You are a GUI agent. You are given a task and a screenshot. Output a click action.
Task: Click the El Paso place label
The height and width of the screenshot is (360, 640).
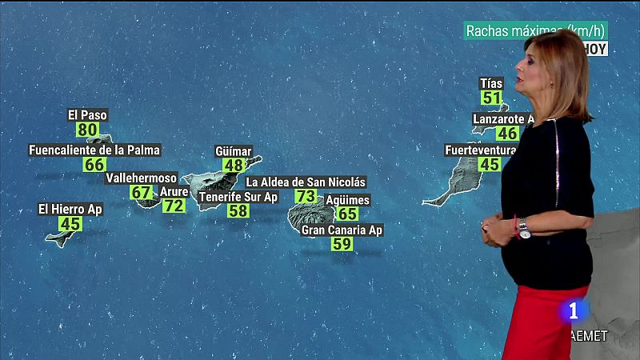87,115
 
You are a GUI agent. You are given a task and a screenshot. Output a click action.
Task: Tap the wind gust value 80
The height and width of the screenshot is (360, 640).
88,130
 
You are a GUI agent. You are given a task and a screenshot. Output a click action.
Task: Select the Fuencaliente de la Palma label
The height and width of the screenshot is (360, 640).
94,150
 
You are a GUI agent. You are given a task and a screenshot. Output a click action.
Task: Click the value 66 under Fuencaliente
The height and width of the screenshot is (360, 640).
94,165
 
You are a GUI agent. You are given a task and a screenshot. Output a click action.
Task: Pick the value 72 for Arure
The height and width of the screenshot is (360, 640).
174,206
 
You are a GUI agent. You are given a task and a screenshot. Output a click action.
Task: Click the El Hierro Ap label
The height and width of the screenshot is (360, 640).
70,210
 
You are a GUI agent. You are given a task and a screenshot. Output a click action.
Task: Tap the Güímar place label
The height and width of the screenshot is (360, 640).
234,151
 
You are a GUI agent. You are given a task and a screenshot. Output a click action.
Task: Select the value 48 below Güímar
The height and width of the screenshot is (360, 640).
234,166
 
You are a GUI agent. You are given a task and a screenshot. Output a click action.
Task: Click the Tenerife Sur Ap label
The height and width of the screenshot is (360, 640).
238,197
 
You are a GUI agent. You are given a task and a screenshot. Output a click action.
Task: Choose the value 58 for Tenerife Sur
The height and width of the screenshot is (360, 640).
238,211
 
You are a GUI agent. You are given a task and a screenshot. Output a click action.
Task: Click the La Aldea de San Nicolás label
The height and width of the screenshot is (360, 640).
306,182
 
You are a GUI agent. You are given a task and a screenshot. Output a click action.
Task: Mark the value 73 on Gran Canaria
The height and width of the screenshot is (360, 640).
306,197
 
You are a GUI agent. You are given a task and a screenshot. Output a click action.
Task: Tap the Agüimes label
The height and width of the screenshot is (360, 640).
348,200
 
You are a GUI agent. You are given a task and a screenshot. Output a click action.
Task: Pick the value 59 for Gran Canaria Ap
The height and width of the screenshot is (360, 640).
342,245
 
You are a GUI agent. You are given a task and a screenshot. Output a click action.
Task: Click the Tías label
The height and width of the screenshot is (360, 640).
491,83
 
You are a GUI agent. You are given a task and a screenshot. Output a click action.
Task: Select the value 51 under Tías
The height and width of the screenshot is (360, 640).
491,98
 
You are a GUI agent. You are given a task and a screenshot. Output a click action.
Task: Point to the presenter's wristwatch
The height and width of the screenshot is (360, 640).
524,229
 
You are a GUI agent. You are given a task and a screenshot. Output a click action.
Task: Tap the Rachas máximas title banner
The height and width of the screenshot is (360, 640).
535,30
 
